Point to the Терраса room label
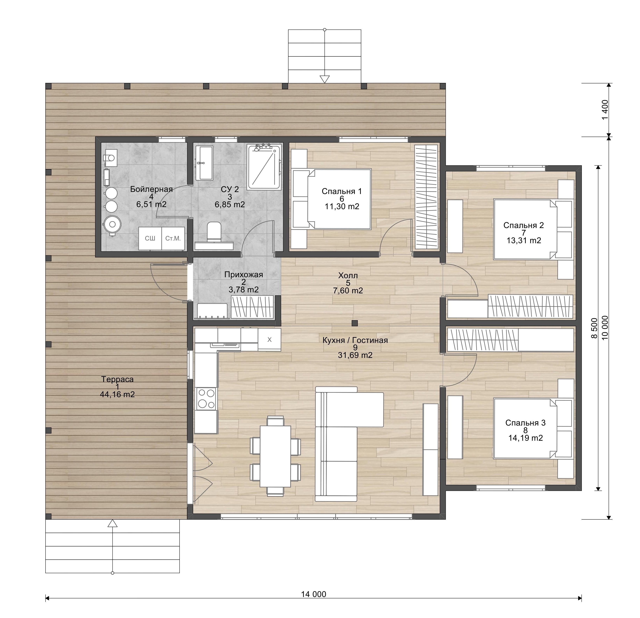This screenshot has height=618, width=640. coord(117,379)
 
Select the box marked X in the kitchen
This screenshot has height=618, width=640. coord(269,339)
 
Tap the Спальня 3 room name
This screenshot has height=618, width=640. coord(525,423)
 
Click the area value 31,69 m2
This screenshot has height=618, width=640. coord(355,355)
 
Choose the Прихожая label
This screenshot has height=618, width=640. coord(244,275)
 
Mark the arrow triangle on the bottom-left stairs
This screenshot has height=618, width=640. coord(113,523)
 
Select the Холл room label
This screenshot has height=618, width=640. coord(348,275)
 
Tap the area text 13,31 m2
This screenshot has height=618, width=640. coord(524,240)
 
